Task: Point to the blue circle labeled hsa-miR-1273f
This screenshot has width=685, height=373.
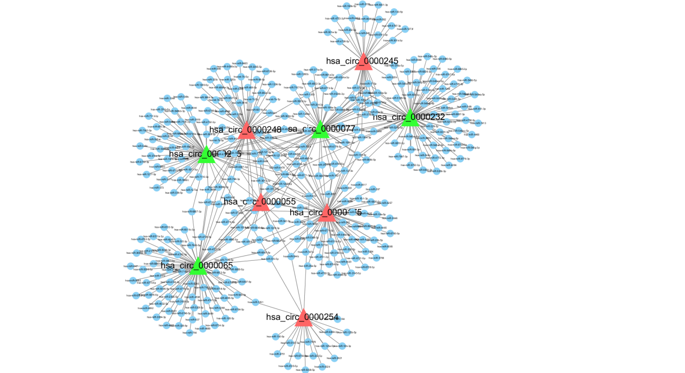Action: (x=413, y=29)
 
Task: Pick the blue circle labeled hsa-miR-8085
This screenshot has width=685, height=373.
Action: (x=382, y=247)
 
